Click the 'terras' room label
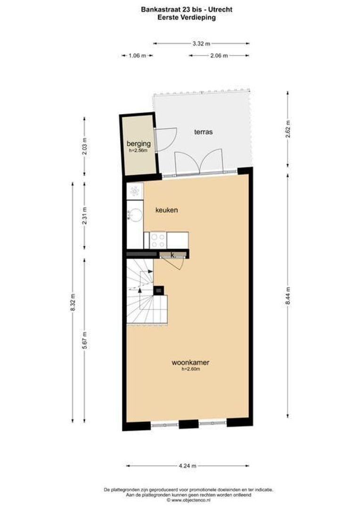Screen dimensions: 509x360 point(203,132)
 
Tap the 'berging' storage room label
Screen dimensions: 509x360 point(139,144)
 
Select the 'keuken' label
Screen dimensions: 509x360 point(167,210)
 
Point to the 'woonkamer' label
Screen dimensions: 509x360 point(190,363)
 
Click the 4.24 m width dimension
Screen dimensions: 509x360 point(188,466)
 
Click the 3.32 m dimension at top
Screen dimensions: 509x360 point(201,43)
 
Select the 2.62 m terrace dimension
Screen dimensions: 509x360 point(288,129)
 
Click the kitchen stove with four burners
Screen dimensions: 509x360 point(158,239)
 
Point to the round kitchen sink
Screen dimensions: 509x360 point(135,215)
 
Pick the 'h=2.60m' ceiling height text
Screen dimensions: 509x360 point(191,369)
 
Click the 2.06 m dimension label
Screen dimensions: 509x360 point(219,56)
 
